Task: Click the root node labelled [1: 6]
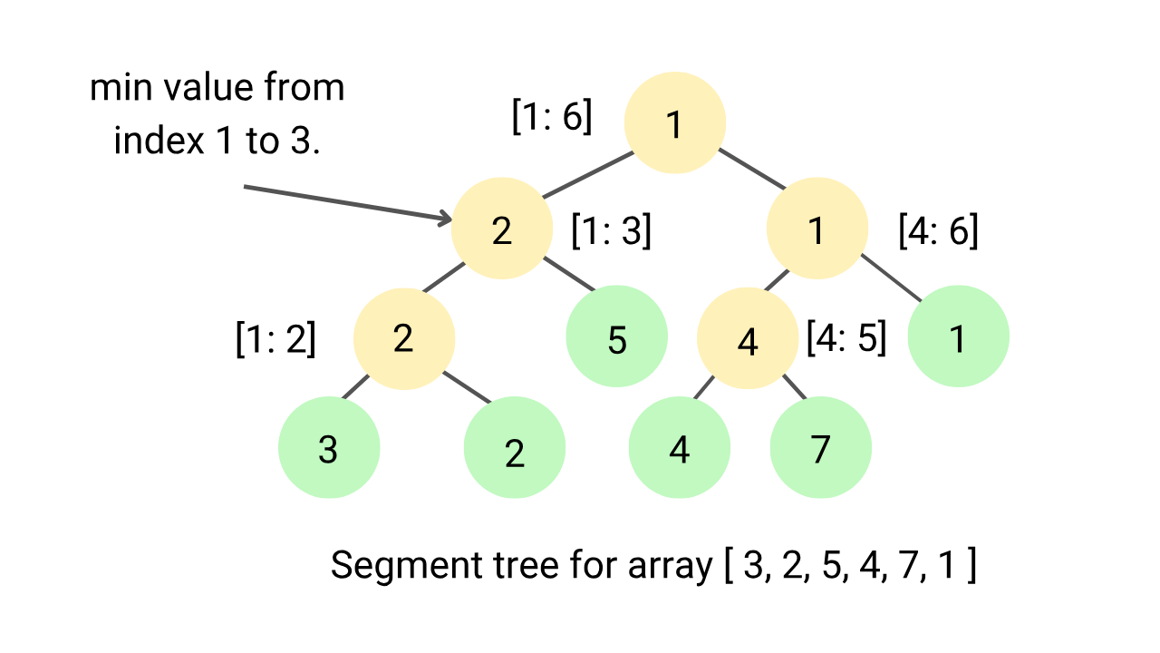(674, 123)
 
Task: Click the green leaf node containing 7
(820, 447)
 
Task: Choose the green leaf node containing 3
(328, 447)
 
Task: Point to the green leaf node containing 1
(958, 336)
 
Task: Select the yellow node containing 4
(748, 339)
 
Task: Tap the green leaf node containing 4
(680, 447)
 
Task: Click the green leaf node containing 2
(514, 449)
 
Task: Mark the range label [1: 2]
(275, 338)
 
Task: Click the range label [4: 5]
(846, 338)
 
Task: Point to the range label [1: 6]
(552, 117)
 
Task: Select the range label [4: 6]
(938, 230)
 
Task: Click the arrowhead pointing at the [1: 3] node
(445, 218)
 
